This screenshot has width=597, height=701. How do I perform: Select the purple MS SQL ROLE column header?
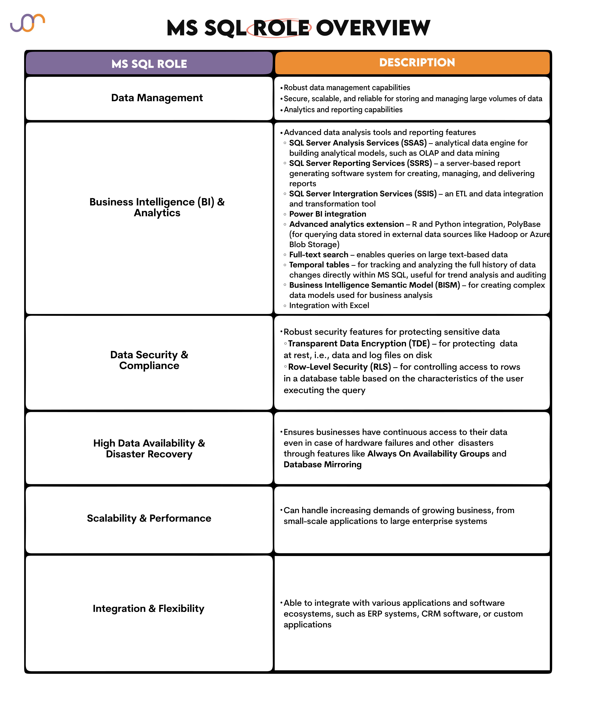[149, 64]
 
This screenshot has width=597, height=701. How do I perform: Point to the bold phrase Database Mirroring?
[323, 465]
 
